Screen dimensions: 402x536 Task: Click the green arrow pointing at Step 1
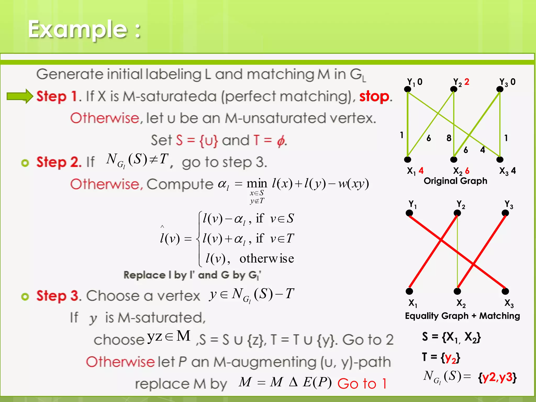(x=20, y=96)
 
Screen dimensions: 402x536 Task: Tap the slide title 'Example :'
(x=84, y=29)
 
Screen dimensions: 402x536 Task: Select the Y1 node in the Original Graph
(x=407, y=89)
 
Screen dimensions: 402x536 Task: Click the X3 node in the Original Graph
(x=500, y=159)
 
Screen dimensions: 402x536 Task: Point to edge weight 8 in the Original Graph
(x=449, y=138)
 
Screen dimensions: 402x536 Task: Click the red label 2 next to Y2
(x=467, y=82)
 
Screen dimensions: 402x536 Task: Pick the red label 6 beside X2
(x=467, y=171)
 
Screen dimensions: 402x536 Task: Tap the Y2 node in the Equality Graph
(x=457, y=213)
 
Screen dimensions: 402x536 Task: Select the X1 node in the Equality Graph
(x=409, y=291)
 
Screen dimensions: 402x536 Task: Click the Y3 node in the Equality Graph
(x=505, y=213)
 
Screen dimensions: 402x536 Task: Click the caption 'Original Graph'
(x=455, y=181)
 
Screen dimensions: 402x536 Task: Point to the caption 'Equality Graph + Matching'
(x=462, y=316)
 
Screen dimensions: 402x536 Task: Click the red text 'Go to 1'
(x=362, y=384)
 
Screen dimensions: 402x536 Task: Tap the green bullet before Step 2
(x=25, y=163)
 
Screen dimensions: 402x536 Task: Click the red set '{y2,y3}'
(x=498, y=377)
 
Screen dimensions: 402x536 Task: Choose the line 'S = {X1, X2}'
(x=451, y=337)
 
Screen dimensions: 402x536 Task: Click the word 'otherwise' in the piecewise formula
(x=266, y=259)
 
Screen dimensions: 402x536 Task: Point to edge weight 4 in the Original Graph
(x=483, y=150)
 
